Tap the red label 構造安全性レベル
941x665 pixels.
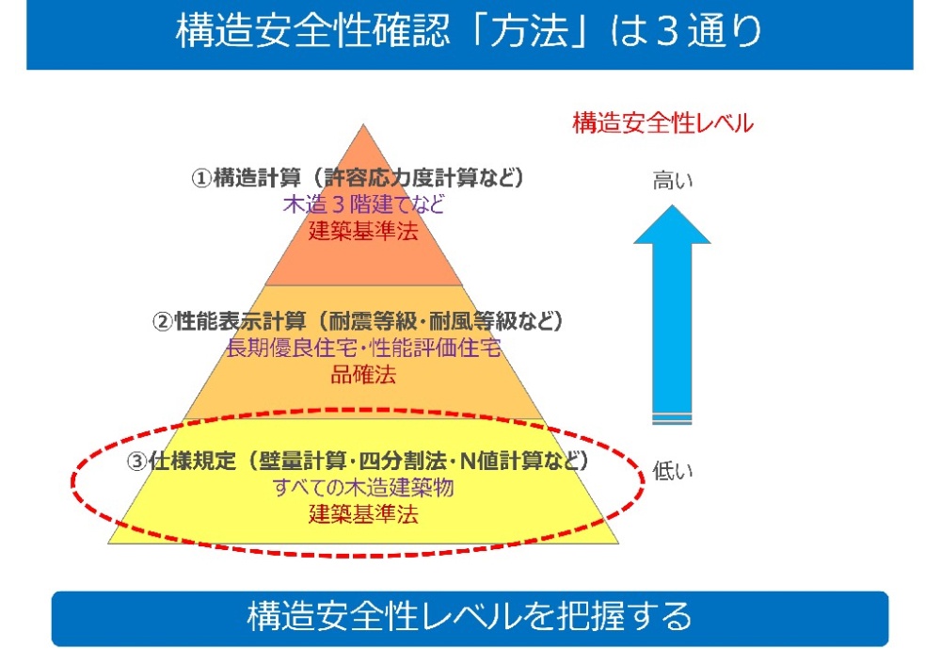click(662, 123)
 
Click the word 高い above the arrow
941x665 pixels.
click(672, 182)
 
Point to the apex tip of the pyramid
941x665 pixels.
click(364, 126)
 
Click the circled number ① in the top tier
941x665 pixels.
click(201, 179)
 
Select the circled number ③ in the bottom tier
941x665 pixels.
click(136, 463)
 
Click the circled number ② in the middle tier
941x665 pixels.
click(163, 322)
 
